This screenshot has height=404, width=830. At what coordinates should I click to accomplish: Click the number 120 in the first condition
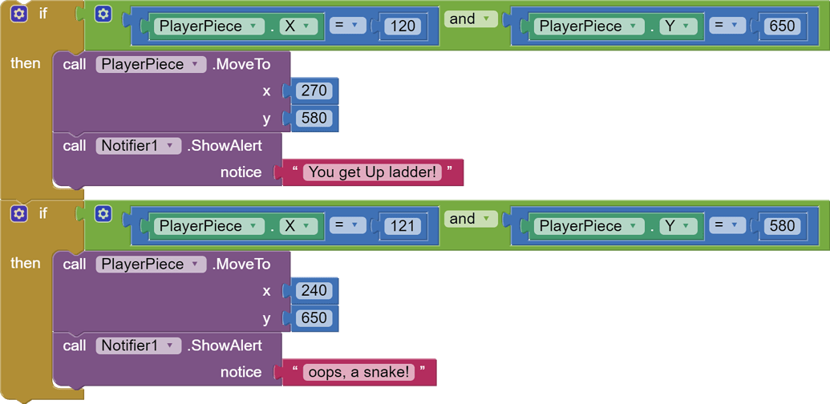(403, 26)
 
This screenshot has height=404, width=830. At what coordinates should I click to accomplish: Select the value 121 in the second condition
(403, 226)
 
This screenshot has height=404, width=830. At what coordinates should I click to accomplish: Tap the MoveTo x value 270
(314, 91)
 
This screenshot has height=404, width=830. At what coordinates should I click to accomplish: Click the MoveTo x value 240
(314, 290)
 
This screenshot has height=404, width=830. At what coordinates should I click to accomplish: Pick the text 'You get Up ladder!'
(373, 172)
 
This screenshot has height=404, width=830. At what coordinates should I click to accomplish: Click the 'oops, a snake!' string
(358, 372)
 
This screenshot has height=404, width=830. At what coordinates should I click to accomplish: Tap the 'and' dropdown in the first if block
(471, 19)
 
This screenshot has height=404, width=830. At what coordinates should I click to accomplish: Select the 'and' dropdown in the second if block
(471, 219)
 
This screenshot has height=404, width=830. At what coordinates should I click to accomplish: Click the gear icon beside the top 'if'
(19, 14)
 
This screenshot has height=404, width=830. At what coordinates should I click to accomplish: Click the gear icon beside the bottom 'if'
(19, 214)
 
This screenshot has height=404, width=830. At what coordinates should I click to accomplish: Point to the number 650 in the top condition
(782, 26)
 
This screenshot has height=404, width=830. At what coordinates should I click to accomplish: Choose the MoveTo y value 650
(314, 318)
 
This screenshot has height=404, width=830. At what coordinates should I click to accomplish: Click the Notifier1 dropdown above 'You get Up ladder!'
(136, 146)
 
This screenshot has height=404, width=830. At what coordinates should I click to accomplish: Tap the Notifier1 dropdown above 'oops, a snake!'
(136, 345)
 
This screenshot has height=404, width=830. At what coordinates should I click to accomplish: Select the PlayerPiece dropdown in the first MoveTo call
(151, 65)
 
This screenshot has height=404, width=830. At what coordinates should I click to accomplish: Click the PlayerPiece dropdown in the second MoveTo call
(151, 265)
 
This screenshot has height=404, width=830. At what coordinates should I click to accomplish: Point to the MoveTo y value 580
(314, 119)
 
